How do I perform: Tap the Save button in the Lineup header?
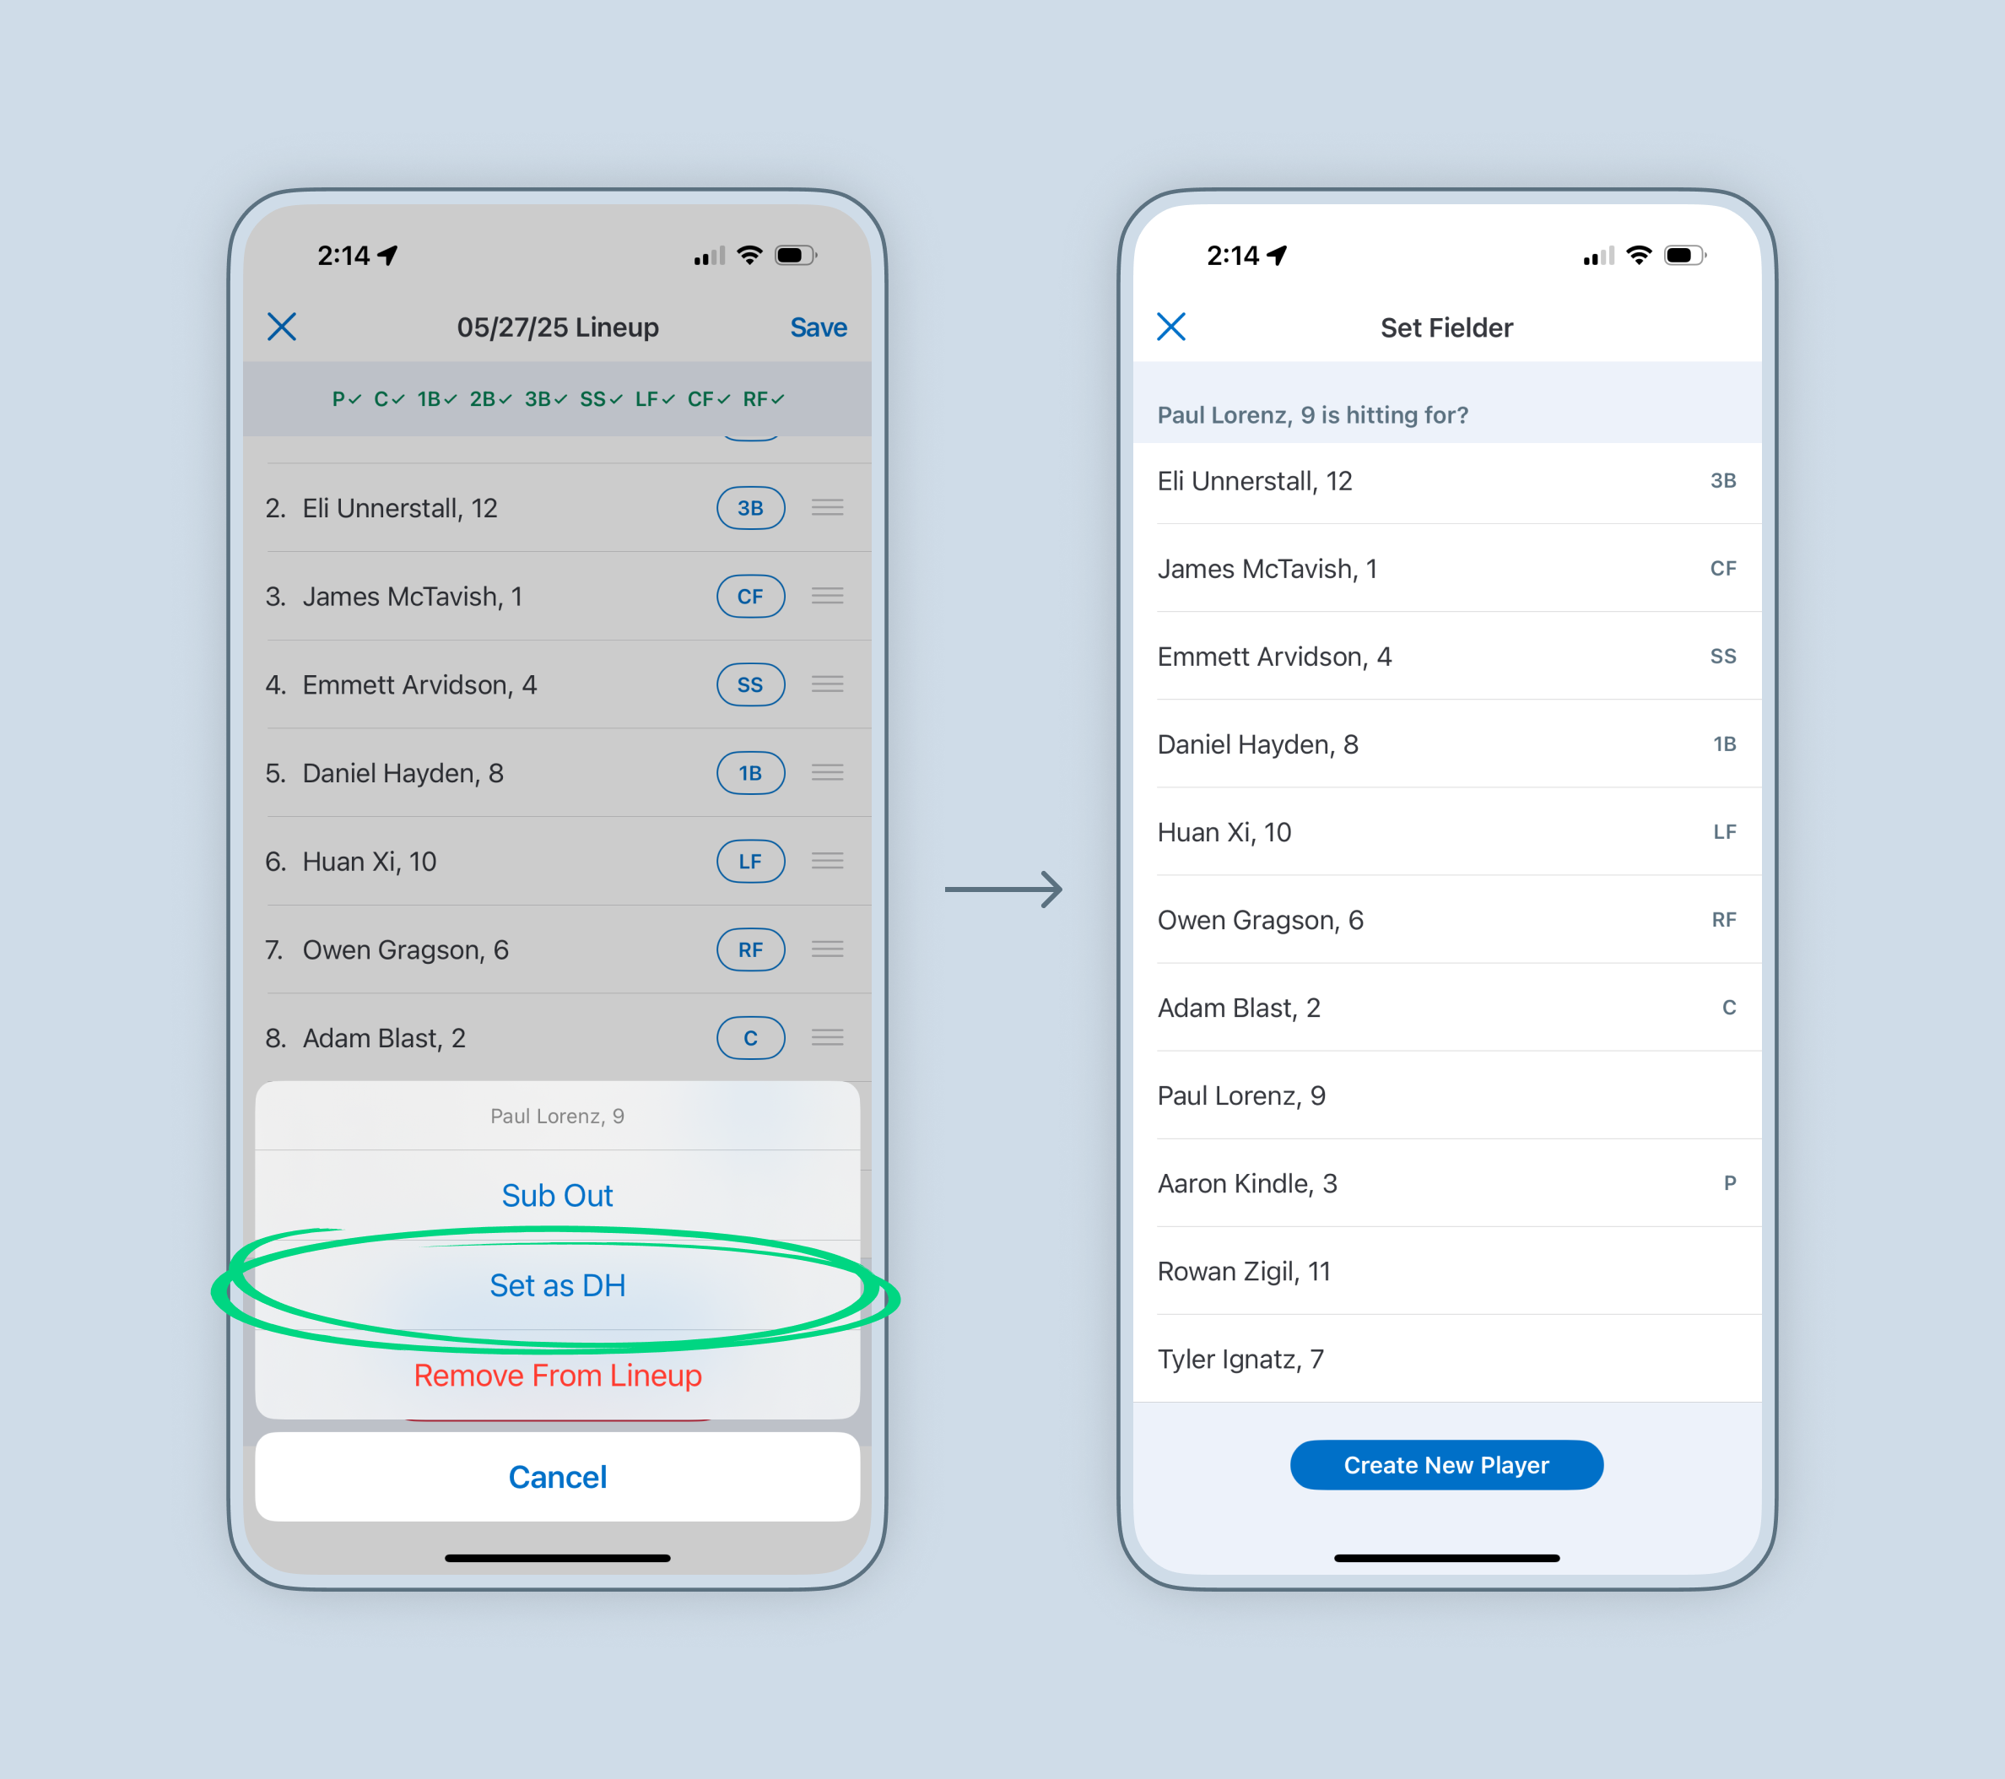coord(818,327)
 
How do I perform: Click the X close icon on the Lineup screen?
coord(282,327)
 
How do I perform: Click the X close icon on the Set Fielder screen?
coord(1171,327)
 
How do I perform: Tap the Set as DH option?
coord(557,1285)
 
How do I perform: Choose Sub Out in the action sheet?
coord(557,1195)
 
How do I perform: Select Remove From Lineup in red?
coord(557,1376)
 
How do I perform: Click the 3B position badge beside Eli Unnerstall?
coord(750,508)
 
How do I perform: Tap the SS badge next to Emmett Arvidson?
coord(750,685)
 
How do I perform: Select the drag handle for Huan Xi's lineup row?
coord(828,862)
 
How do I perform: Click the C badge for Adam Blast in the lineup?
coord(750,1038)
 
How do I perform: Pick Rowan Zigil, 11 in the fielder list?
coord(1244,1272)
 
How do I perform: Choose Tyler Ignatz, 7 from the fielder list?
coord(1240,1359)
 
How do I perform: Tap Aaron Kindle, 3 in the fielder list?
coord(1246,1183)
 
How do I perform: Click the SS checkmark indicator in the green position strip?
coord(600,399)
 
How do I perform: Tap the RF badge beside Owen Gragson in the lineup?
coord(750,950)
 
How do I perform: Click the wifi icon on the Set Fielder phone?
coord(1638,255)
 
